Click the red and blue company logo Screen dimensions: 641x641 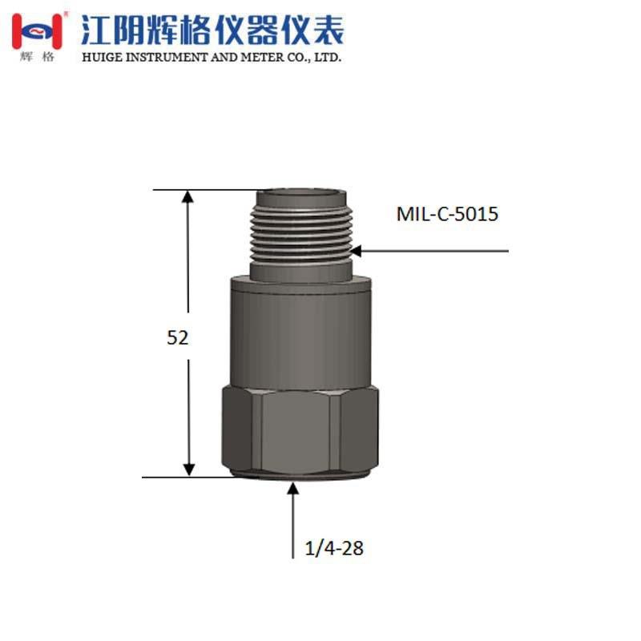tap(36, 30)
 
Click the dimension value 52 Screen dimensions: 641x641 tap(177, 337)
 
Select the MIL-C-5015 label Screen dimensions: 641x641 tap(447, 215)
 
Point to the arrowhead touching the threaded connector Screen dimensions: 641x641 tap(357, 251)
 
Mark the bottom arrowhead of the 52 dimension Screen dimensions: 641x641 tap(188, 469)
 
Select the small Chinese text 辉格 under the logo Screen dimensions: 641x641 tap(37, 58)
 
